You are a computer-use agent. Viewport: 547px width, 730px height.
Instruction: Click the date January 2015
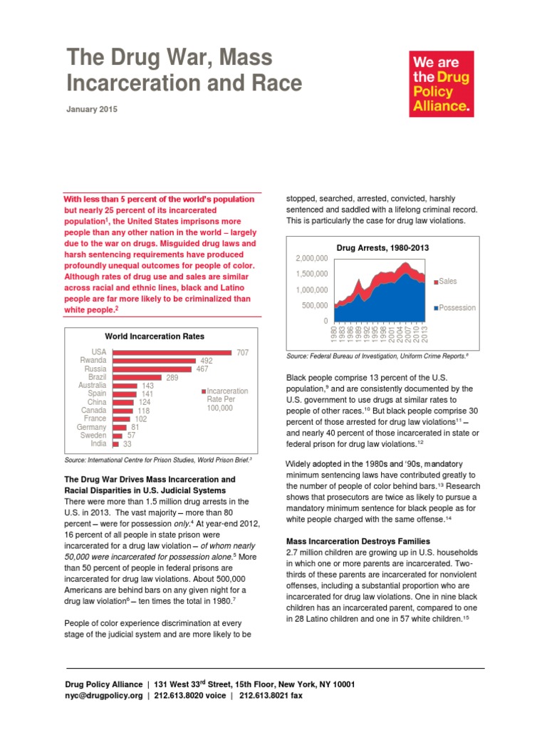click(x=92, y=110)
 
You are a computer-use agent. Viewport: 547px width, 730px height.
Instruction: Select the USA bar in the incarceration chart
click(x=171, y=352)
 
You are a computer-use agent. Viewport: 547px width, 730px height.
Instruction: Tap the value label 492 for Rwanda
click(x=206, y=361)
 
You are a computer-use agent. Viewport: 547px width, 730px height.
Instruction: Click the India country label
click(x=98, y=443)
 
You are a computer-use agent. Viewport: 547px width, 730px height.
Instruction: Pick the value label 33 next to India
click(x=127, y=443)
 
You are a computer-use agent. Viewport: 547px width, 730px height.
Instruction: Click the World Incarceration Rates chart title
click(x=155, y=336)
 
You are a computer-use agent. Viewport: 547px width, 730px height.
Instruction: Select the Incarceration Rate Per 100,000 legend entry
click(x=226, y=400)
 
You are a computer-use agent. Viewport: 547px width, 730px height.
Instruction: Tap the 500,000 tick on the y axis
click(x=314, y=306)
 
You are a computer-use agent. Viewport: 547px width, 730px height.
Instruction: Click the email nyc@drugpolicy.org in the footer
click(x=104, y=696)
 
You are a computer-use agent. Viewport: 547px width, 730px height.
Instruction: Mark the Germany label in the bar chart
click(x=91, y=427)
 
